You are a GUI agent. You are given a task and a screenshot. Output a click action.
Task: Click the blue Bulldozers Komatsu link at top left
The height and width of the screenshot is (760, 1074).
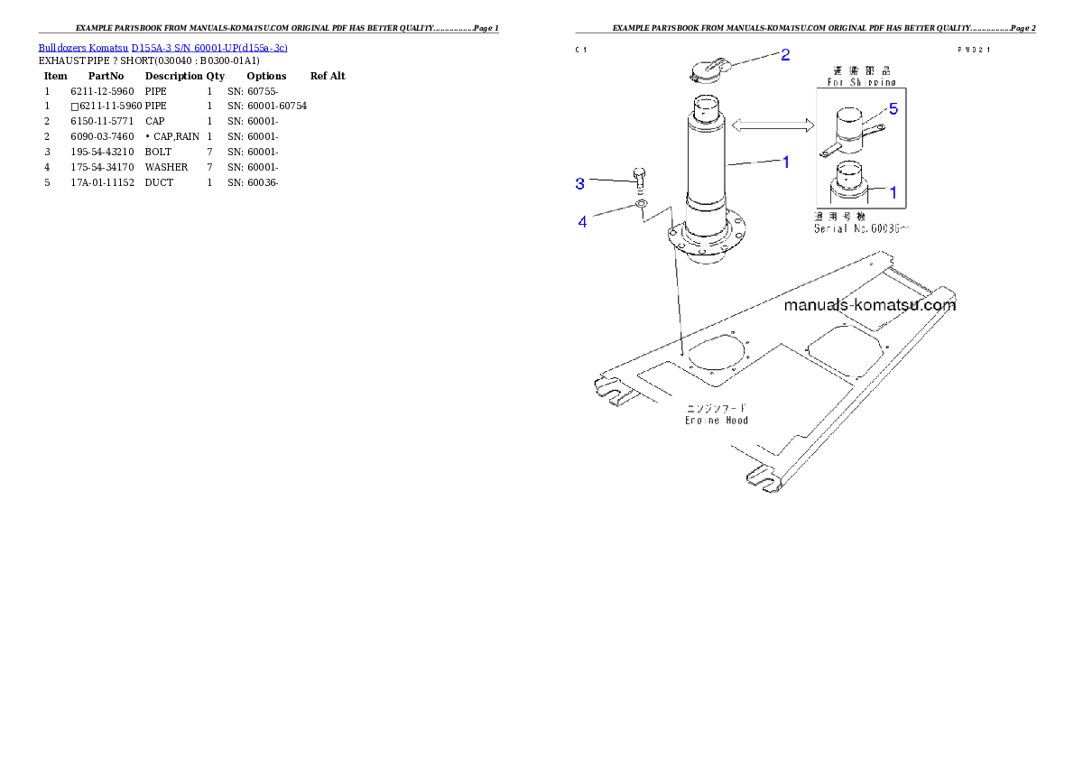click(162, 48)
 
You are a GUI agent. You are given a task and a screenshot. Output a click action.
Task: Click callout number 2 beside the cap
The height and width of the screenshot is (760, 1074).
click(785, 55)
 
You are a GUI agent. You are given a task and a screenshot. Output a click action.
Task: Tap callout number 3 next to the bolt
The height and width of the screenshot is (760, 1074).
click(580, 183)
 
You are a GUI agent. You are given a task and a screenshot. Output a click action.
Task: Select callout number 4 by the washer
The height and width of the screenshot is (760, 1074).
click(582, 222)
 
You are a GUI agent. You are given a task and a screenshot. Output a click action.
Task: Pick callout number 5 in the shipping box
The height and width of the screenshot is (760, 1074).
click(893, 109)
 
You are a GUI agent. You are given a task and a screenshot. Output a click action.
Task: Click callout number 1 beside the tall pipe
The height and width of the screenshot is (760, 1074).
click(786, 162)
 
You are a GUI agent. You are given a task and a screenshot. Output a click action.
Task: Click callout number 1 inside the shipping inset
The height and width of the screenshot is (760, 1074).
click(893, 192)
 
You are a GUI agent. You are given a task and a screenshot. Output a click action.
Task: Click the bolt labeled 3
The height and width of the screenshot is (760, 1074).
click(639, 180)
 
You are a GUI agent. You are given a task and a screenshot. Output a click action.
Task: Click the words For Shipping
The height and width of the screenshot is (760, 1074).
click(862, 82)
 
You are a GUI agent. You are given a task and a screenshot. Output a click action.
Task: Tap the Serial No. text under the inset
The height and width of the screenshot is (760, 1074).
click(862, 229)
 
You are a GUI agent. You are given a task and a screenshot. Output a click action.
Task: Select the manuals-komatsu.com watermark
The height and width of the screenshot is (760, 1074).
click(869, 305)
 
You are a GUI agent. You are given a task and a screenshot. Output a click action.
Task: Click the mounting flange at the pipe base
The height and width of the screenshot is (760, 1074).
click(708, 240)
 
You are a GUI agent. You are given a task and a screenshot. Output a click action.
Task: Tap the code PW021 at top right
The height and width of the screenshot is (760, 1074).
click(974, 51)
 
